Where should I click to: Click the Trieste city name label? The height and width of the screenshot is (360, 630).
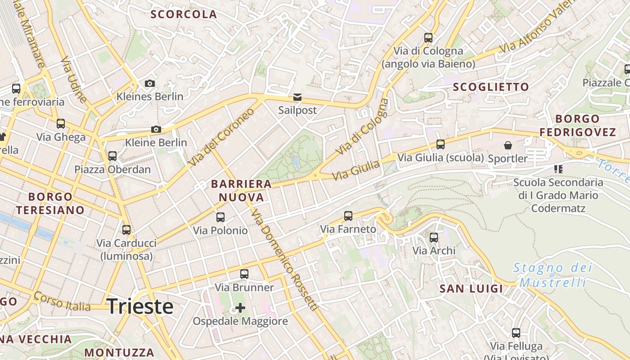(x=140, y=306)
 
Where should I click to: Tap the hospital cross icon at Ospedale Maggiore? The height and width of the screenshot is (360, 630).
(x=240, y=308)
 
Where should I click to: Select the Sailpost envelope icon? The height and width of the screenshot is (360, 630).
(x=297, y=97)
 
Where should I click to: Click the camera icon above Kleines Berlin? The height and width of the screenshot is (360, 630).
(x=150, y=83)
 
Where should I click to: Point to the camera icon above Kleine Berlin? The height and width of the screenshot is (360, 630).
(x=156, y=130)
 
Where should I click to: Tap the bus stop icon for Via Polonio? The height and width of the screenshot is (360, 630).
(x=220, y=217)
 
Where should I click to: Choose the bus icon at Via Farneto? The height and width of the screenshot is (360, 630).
(x=348, y=216)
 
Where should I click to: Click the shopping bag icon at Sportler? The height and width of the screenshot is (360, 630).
(x=508, y=145)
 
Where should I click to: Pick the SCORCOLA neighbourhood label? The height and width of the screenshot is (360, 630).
(x=184, y=14)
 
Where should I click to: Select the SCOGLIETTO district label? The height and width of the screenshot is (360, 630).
(x=490, y=87)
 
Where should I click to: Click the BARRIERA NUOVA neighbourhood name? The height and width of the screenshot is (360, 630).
(x=241, y=190)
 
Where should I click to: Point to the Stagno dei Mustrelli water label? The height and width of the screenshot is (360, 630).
(x=553, y=275)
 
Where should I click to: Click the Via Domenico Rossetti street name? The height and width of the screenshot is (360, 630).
(x=284, y=260)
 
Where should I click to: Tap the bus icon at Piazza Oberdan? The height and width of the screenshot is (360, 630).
(x=112, y=156)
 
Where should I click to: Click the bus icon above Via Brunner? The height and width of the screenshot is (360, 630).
(x=244, y=274)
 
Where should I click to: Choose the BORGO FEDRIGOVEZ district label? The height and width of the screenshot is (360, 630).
(x=577, y=126)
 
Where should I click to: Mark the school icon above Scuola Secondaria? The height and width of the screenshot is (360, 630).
(x=558, y=169)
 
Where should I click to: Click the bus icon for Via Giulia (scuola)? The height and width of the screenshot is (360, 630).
(x=440, y=144)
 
